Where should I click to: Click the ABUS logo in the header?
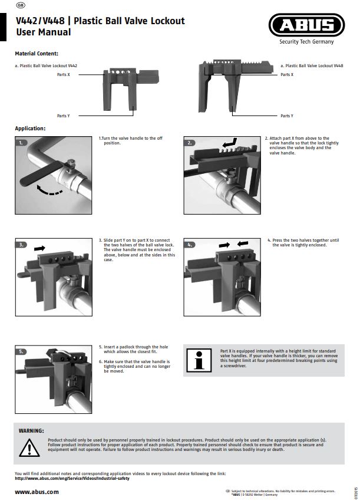(x=306, y=25)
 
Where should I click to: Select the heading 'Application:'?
(x=30, y=129)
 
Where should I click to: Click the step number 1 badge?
(x=22, y=143)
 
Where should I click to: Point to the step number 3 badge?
(x=22, y=244)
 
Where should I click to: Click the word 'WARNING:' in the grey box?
(x=31, y=431)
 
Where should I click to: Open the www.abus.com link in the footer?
(x=37, y=491)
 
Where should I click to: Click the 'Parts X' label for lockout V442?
(x=63, y=75)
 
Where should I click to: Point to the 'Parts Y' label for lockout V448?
(x=286, y=116)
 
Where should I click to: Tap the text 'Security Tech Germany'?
(x=306, y=42)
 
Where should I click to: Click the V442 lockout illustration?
(x=123, y=88)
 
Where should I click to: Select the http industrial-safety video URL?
(x=72, y=478)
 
